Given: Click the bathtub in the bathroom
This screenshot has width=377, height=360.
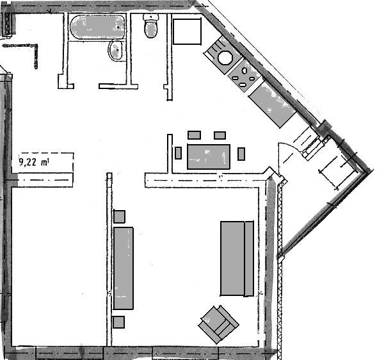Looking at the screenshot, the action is tap(97, 27).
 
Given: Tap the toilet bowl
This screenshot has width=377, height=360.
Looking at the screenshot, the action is tap(151, 26).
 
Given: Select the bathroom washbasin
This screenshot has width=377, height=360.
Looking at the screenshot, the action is tap(116, 51).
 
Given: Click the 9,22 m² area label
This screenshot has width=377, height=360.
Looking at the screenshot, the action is tap(34, 162).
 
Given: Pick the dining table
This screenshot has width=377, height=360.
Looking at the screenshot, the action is tap(209, 157).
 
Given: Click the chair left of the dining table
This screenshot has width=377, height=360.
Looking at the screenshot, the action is tap(178, 153).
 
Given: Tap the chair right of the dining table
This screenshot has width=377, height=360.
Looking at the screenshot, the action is tap(241, 154).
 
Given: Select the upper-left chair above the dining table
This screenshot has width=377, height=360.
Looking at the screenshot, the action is tap(195, 135).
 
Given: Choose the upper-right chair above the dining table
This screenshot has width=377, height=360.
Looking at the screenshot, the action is tap(220, 135).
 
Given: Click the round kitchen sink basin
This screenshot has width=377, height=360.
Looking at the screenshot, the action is tap(225, 58).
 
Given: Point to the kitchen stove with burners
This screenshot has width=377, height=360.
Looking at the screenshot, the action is tap(245, 76).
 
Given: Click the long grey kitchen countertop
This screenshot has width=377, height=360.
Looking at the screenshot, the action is tap(272, 104).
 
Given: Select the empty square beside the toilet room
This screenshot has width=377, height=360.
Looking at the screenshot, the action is tap(187, 31).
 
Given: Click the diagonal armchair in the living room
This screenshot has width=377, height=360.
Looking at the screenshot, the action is tap(218, 324).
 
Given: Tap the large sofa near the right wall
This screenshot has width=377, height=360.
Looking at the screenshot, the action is tap(237, 258).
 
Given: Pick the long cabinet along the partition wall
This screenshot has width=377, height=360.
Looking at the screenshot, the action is tap(124, 268).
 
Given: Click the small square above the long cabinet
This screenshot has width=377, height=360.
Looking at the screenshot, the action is tap(119, 217).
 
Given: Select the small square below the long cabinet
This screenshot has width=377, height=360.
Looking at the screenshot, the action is tap(119, 322).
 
